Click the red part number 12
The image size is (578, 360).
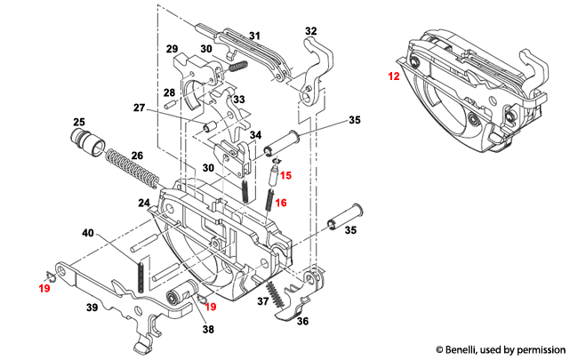(x=393, y=77)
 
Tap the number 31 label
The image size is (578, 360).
(x=254, y=36)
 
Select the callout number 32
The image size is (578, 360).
(x=311, y=31)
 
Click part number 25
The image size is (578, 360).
(x=78, y=122)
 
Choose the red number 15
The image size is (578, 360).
(x=285, y=176)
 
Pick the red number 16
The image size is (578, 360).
(x=281, y=203)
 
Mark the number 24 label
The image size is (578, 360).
(x=143, y=204)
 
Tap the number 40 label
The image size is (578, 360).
(x=88, y=234)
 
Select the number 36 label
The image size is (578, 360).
(x=302, y=322)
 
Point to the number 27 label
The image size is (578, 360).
(x=139, y=108)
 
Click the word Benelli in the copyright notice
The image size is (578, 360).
(x=472, y=349)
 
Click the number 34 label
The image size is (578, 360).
(x=255, y=135)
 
